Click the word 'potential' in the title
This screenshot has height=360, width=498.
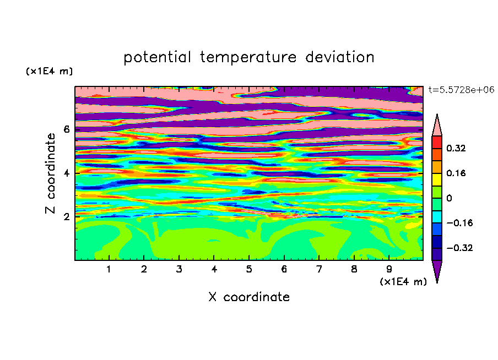[x=157, y=58]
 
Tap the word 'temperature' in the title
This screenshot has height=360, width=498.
[x=248, y=58]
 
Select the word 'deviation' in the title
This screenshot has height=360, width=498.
[x=339, y=57]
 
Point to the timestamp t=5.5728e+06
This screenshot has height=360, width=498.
[x=461, y=90]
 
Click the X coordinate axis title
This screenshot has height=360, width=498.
[x=249, y=297]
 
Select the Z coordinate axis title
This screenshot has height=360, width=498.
[x=51, y=173]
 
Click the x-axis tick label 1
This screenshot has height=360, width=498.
[x=109, y=269]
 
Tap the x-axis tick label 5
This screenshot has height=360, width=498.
[x=249, y=269]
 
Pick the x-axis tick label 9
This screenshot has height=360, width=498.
[x=389, y=269]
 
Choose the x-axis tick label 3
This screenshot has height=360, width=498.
[x=179, y=269]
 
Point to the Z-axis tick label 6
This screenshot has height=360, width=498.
[x=66, y=129]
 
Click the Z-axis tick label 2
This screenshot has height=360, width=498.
[x=66, y=217]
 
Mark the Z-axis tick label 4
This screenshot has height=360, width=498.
[x=66, y=173]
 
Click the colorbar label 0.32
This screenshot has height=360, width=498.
[x=456, y=148]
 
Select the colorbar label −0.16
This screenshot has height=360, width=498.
[x=459, y=223]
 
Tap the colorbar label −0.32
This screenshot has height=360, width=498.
[x=459, y=248]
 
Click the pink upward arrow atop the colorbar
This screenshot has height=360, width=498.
[x=437, y=126]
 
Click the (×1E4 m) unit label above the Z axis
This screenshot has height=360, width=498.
[x=49, y=71]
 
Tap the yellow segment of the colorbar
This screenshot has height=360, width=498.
[x=437, y=179]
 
